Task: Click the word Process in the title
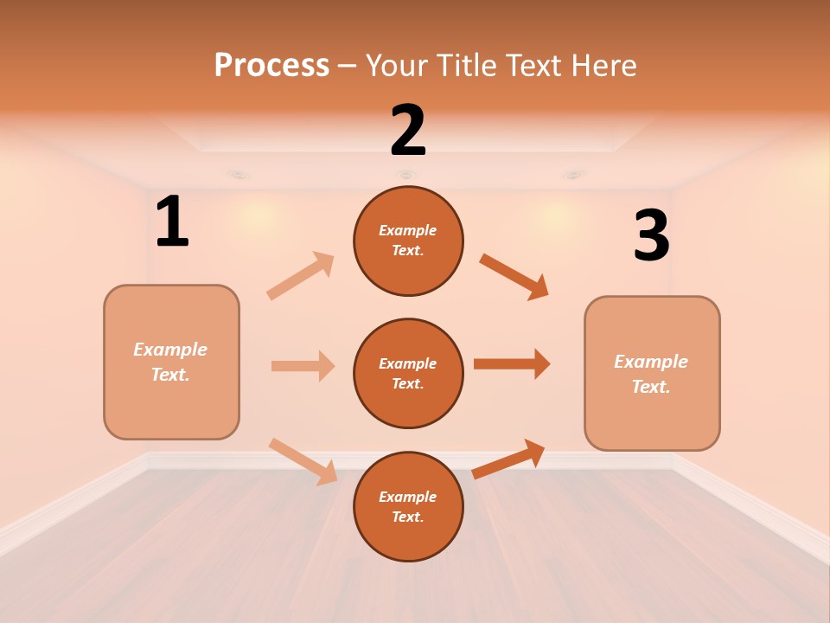pos(271,65)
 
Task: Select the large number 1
pos(172,222)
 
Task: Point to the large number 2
pos(408,131)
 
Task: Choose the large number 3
pos(651,236)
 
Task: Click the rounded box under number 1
pos(171,362)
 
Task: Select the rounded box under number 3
pos(652,374)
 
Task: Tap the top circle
pos(408,241)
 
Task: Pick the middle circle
pos(408,374)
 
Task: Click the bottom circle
pos(408,507)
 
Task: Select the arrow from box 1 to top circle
pos(301,276)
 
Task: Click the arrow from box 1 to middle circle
pos(303,366)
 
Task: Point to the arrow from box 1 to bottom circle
pos(303,461)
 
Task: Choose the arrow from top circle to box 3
pos(514,277)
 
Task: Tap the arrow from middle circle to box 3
pos(511,363)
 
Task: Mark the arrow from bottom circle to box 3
pos(508,459)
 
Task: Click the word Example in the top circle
pos(408,230)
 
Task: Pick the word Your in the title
pos(396,65)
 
